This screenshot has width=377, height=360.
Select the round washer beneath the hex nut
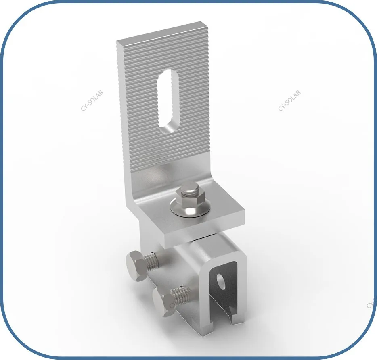[190, 209]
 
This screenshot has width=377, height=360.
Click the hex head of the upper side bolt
[135, 266]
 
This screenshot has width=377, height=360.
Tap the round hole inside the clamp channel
[221, 280]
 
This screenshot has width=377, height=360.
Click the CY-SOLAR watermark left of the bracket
[92, 100]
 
